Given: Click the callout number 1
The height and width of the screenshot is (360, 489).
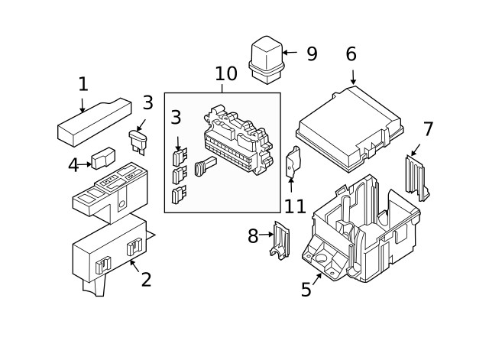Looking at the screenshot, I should pos(83,85).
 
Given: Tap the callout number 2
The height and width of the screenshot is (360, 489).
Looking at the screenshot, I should pos(146,280).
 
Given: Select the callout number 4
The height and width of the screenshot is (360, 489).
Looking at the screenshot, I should pos(73,164).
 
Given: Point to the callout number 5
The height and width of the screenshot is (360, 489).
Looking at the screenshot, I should pos(306,290).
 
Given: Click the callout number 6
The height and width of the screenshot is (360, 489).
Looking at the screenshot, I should pos(351,55).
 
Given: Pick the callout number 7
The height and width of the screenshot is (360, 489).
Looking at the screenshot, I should pos(429,129).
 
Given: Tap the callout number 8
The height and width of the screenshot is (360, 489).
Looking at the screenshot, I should pos(253,236).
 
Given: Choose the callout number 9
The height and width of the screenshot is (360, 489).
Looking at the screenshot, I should pos(312,54).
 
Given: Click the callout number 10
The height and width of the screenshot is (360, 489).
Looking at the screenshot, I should pos(226,74).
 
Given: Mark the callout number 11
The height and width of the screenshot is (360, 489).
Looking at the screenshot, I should pos(295,206).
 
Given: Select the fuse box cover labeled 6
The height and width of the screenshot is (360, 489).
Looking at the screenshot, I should pos(350,128).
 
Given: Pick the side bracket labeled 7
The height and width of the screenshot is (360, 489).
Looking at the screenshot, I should pos(415,176).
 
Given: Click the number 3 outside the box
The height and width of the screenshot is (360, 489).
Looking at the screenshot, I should pos(147,102).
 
